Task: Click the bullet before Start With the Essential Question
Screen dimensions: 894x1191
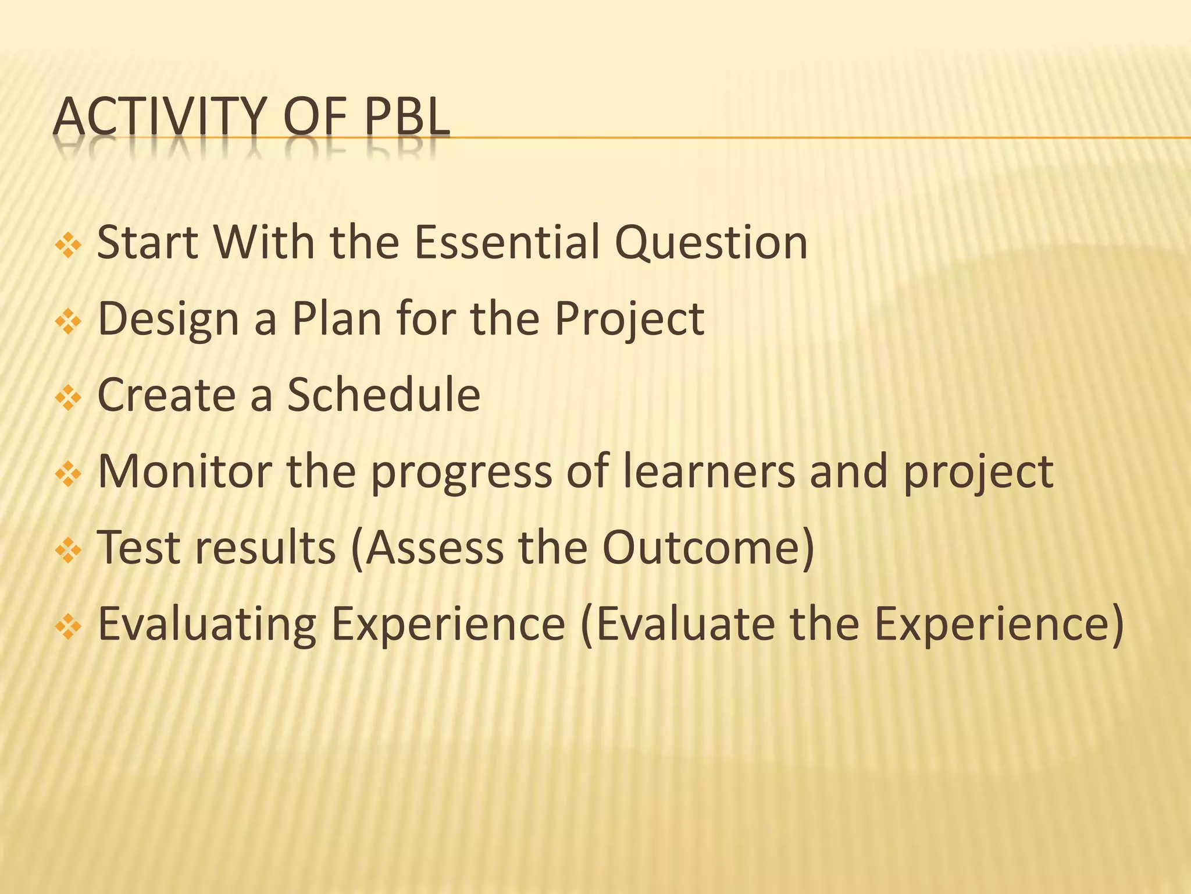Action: point(68,245)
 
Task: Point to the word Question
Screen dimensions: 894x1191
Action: point(711,243)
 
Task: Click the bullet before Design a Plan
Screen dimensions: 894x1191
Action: point(68,321)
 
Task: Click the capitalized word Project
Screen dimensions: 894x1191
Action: point(629,320)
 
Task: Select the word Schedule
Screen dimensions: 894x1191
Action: point(384,395)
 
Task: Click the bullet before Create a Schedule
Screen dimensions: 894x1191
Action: point(68,398)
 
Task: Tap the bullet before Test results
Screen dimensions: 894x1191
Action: point(68,551)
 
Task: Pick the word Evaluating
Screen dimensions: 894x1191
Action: point(207,625)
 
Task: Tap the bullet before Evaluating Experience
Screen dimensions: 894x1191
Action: point(68,627)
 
